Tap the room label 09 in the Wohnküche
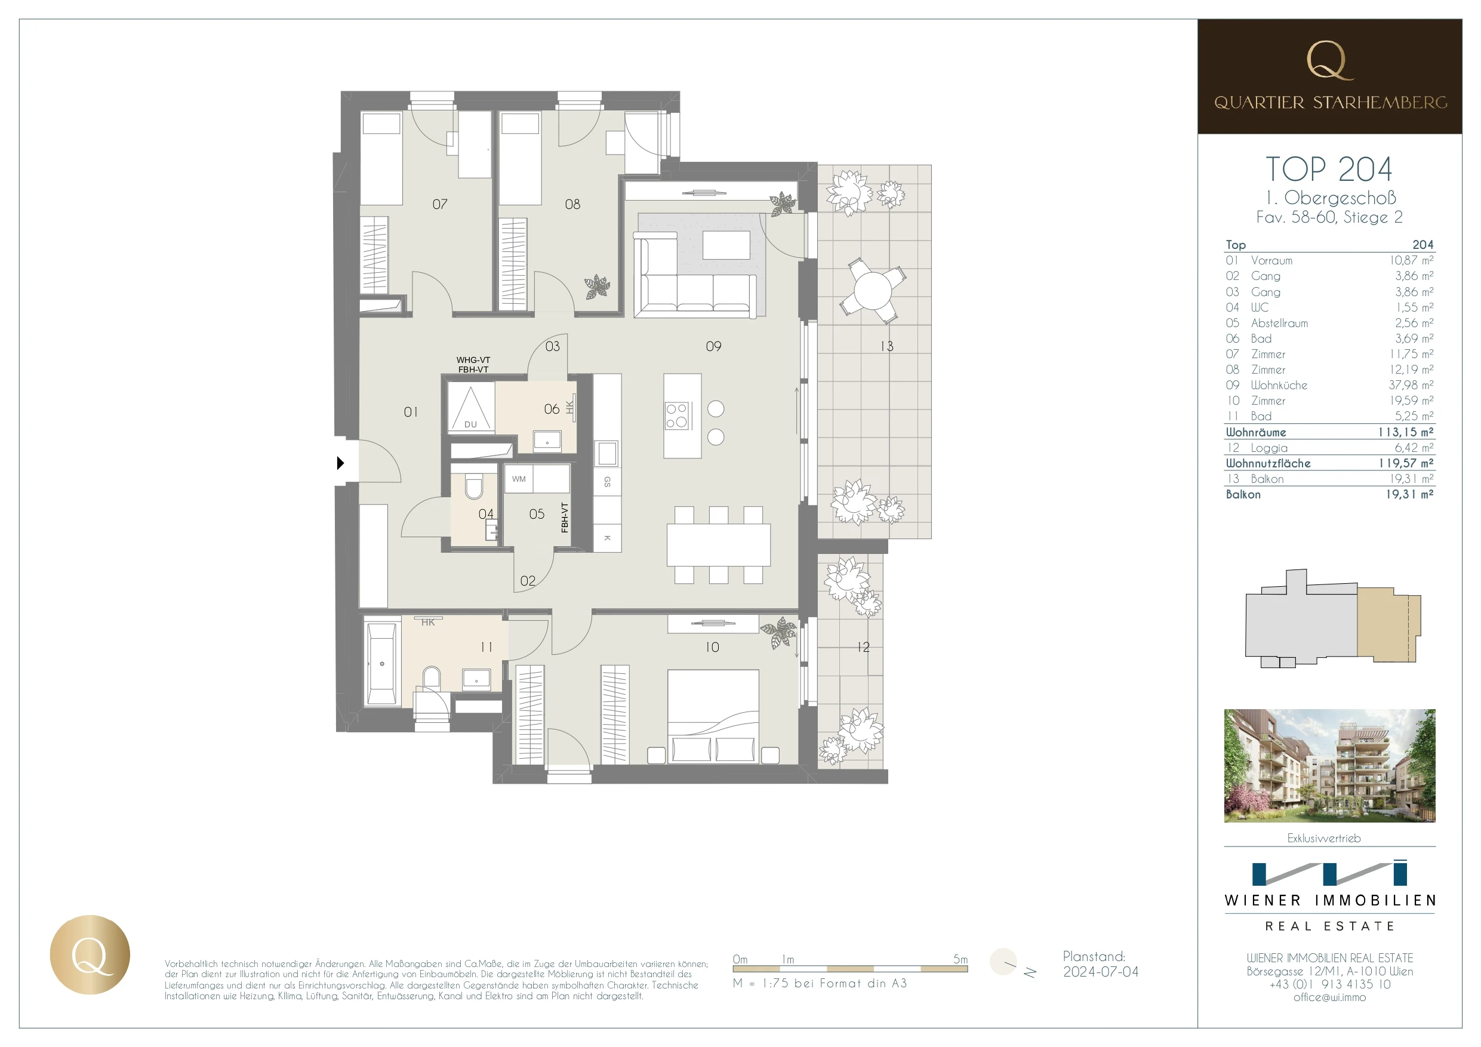coord(713,346)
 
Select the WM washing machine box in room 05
coord(519,479)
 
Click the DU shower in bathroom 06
coord(471,408)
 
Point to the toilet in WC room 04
coord(474,488)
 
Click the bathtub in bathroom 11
coord(381,664)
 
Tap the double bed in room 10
coord(713,716)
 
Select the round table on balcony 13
coord(872,291)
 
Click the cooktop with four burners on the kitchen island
coord(678,415)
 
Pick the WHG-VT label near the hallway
coord(473,360)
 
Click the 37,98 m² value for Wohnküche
coord(1411,385)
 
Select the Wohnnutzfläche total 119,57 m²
coord(1406,463)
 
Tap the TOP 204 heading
coord(1329,170)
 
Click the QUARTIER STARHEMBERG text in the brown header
coord(1330,103)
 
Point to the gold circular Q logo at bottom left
coord(90,954)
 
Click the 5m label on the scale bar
coord(960,959)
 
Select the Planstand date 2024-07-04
coord(1100,972)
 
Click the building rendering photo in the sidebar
coord(1329,765)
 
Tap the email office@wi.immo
coord(1329,997)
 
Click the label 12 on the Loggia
coord(864,647)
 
